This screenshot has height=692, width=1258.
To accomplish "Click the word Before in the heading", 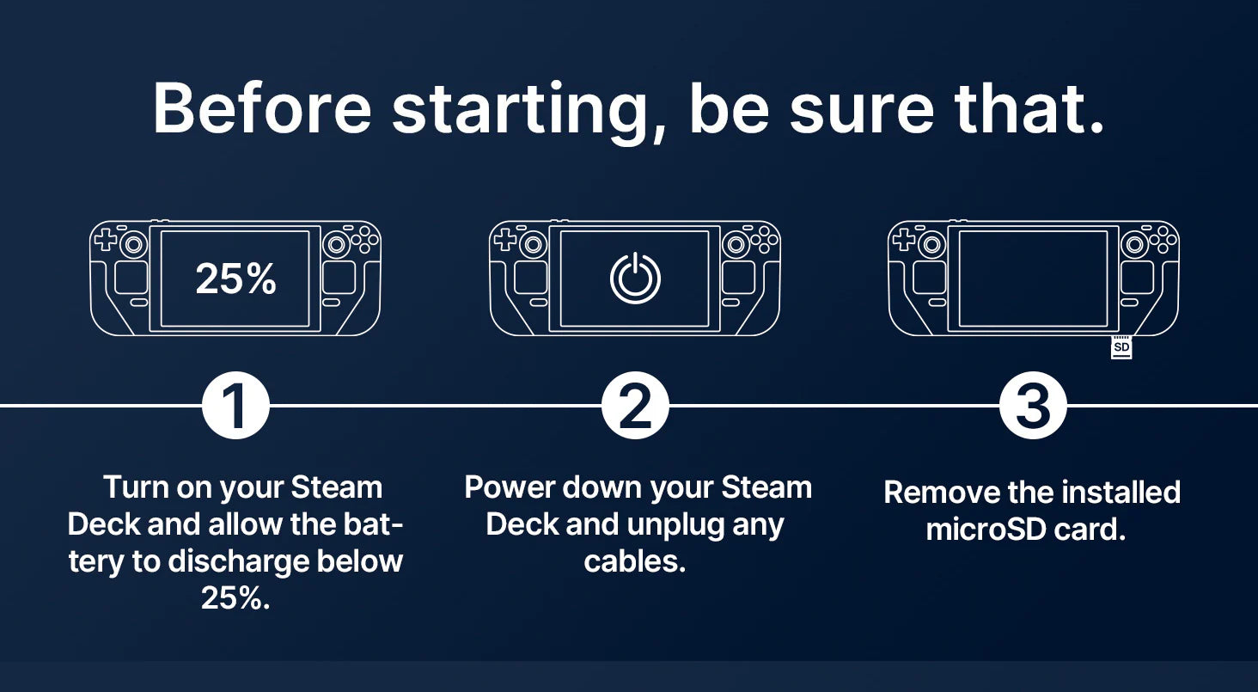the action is (x=262, y=107).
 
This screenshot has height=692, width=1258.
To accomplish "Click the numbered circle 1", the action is (x=235, y=405).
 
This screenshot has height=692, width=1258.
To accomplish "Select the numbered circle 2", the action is (x=635, y=405).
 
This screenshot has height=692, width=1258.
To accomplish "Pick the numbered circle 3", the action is (x=1033, y=405).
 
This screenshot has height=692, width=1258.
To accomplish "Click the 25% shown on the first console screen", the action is (x=235, y=279).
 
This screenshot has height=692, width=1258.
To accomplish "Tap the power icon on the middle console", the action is (x=635, y=278).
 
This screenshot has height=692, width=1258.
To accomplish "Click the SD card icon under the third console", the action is (x=1121, y=347).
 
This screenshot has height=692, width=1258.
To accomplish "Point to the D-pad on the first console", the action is (x=106, y=239).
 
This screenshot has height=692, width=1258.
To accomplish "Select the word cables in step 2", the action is (x=635, y=560).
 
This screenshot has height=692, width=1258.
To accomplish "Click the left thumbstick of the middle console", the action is (x=534, y=244).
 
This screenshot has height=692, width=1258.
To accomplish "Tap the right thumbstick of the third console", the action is (x=1134, y=244).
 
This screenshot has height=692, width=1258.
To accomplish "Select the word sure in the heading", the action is (x=862, y=113).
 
